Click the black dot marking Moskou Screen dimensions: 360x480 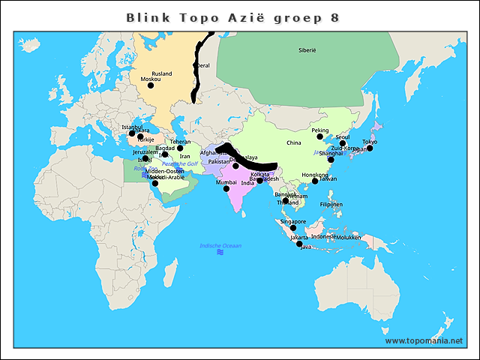point(151,85)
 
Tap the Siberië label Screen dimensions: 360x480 point(307,49)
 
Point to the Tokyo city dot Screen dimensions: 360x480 point(369,148)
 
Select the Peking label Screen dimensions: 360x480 point(320,130)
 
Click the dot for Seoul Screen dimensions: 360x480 point(343,143)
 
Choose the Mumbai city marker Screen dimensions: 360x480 point(226,188)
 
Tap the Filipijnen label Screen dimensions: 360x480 point(331,204)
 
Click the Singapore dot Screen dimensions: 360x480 point(294,228)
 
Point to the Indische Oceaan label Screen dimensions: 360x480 point(220,246)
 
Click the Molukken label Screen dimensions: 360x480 point(349,237)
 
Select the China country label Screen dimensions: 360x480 point(293,142)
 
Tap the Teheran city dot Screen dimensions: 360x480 point(180,148)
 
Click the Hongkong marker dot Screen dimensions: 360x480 point(315,181)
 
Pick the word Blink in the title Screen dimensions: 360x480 point(145,16)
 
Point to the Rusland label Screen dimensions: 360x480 point(162,73)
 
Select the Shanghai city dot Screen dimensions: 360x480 point(331,160)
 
